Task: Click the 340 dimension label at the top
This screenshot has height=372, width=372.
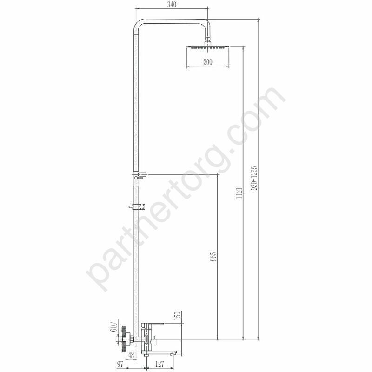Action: pos(172,5)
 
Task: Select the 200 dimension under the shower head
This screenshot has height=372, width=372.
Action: pos(207,62)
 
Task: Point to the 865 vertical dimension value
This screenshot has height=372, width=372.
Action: pos(213,257)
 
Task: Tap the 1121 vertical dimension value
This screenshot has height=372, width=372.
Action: pos(239,193)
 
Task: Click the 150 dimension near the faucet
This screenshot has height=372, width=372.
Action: pos(178,316)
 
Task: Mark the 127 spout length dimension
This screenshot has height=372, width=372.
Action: pos(159,364)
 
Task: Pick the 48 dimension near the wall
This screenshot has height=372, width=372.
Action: pos(131,355)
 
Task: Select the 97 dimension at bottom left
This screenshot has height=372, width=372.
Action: pos(120,364)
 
